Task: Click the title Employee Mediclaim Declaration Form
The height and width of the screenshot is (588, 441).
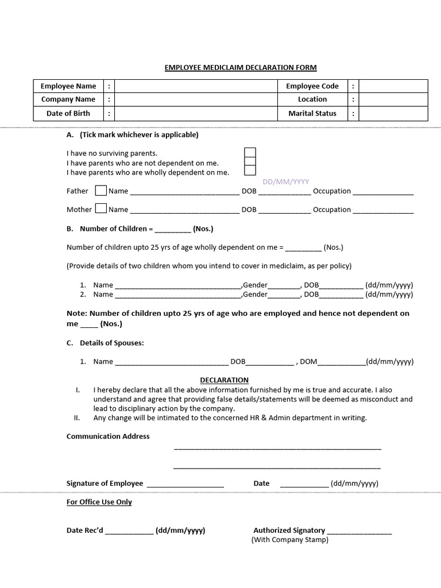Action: point(240,68)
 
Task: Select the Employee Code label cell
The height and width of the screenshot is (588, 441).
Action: point(312,86)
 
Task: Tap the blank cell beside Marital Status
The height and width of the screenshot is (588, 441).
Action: point(393,113)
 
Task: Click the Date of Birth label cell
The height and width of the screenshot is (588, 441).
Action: point(68,113)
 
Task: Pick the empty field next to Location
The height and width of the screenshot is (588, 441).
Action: point(393,99)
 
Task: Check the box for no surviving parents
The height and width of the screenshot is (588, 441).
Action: point(250,153)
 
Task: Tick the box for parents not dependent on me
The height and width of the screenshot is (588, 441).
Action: point(250,162)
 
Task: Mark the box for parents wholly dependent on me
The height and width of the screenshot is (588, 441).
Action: point(250,171)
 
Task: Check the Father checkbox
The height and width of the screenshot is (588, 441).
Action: point(100,190)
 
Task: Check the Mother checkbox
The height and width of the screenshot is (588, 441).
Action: point(100,208)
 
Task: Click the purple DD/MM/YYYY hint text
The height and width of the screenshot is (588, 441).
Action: point(285,181)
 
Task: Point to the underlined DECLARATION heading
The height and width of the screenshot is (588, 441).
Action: point(224,380)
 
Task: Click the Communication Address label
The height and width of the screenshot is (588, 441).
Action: point(108,436)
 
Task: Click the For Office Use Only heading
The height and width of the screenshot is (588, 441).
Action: point(99,502)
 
